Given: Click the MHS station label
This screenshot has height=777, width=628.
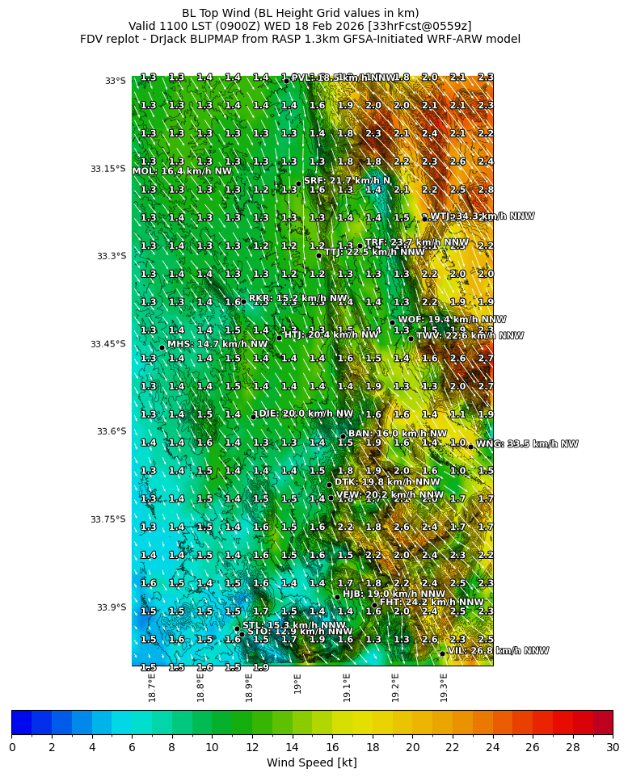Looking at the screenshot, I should coord(217,344).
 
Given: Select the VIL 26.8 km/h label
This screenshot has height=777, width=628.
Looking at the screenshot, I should coord(497,651).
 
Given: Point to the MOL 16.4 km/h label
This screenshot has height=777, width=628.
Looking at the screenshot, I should coord(182,171).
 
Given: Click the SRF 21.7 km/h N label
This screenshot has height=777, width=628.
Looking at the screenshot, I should coord(347,181).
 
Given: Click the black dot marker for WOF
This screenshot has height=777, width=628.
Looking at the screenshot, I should coord(392,322).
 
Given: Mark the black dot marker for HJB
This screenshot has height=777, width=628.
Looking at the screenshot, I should coord(337,597).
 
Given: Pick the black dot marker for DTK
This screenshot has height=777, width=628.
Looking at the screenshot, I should coord(329,485).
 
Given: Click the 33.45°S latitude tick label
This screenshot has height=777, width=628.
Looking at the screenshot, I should coord(107,344).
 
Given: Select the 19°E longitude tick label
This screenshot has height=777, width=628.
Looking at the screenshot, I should coord(297,683).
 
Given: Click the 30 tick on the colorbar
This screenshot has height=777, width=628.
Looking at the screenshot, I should coord(612,747).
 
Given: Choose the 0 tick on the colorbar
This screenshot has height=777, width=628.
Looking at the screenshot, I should coord(12,747).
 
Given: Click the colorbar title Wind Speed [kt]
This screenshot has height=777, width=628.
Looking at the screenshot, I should coord(311,762).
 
